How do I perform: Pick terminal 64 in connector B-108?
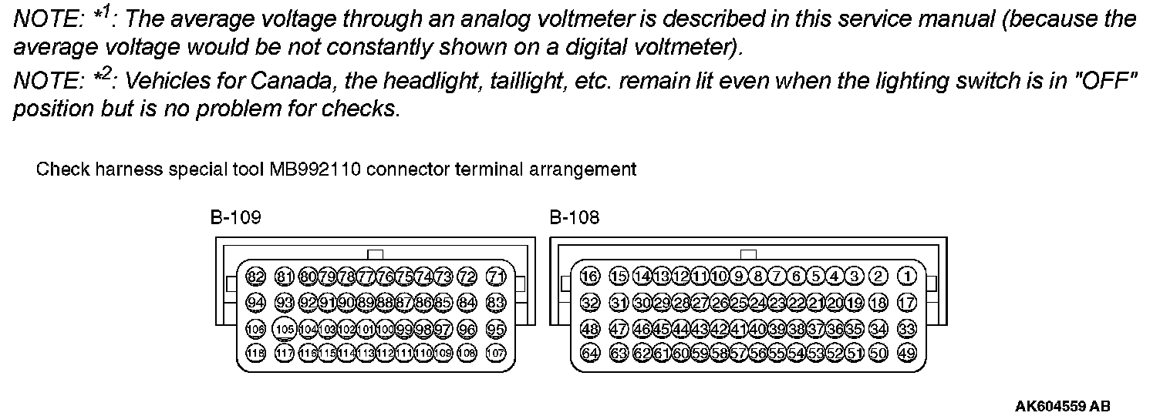point(590,354)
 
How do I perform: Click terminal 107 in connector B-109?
point(497,354)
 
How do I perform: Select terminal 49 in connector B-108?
point(908,354)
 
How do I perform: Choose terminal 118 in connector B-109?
point(255,354)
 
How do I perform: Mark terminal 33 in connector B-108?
point(908,329)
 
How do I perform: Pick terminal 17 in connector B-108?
point(908,303)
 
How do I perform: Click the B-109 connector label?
point(235,218)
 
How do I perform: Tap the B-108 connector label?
point(575,218)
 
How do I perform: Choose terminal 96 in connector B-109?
point(467,329)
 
